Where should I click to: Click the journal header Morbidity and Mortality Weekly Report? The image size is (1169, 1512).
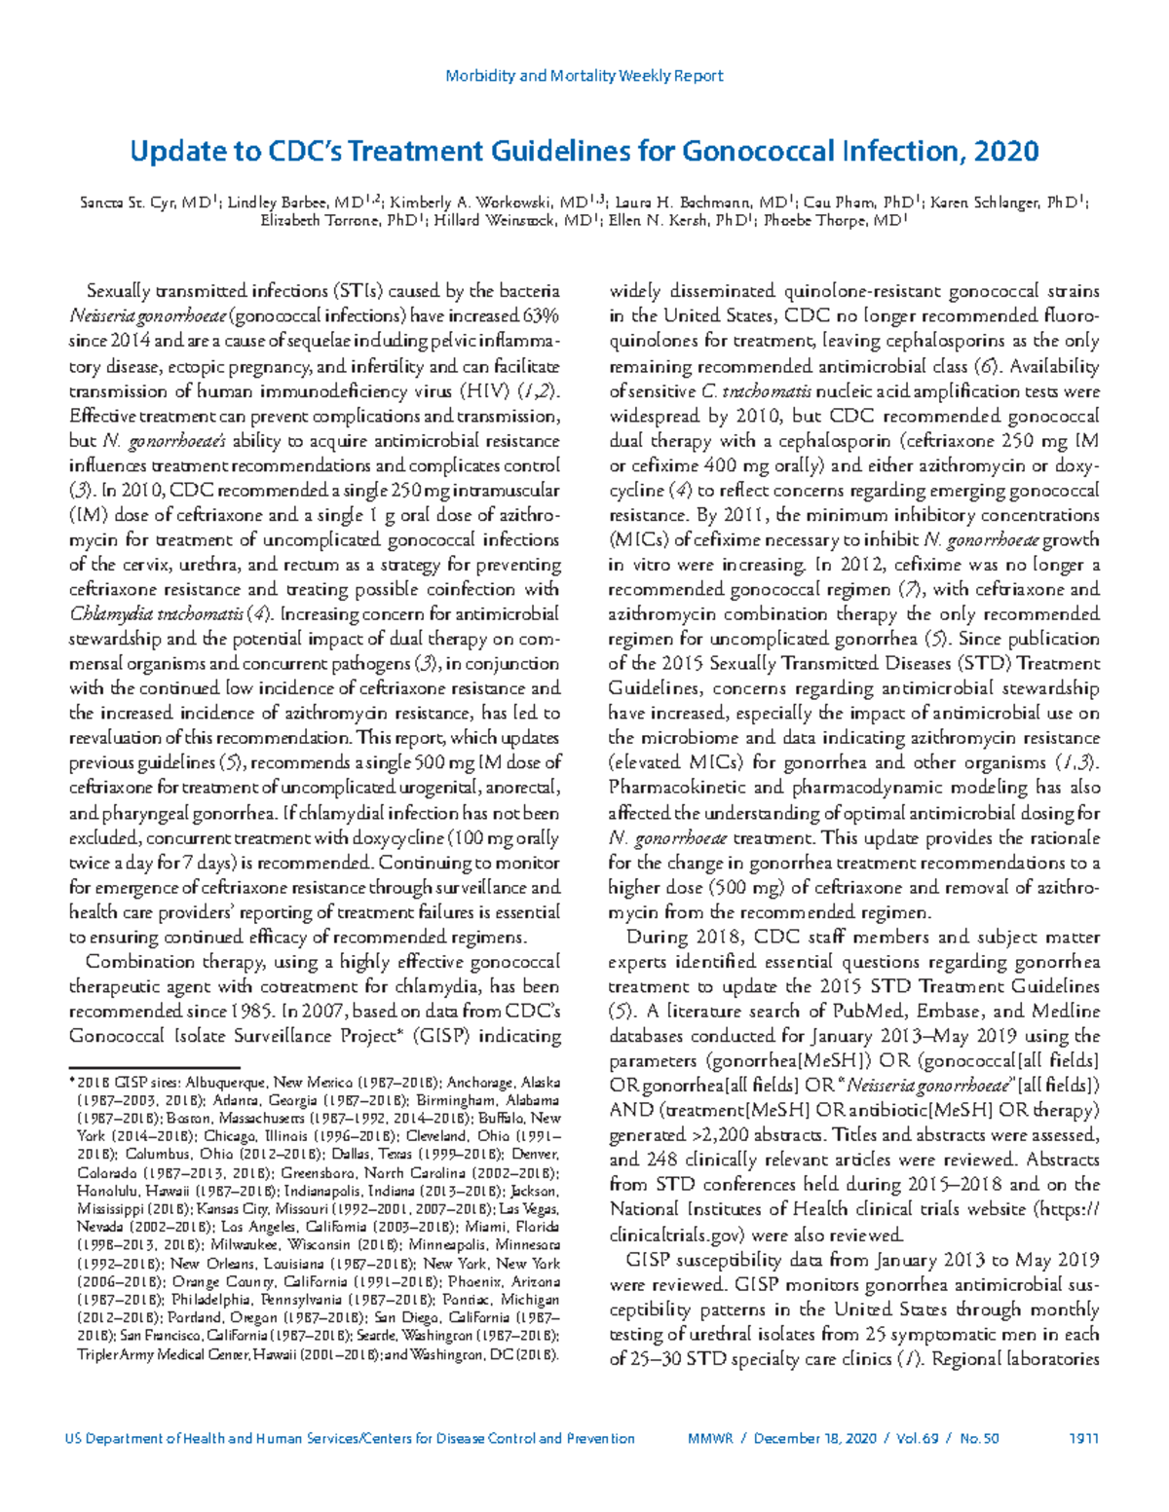tap(584, 76)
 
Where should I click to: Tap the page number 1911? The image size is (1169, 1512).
tap(1084, 1438)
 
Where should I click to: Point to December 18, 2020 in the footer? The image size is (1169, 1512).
tap(814, 1438)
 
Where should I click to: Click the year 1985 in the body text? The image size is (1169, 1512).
tap(256, 1012)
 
